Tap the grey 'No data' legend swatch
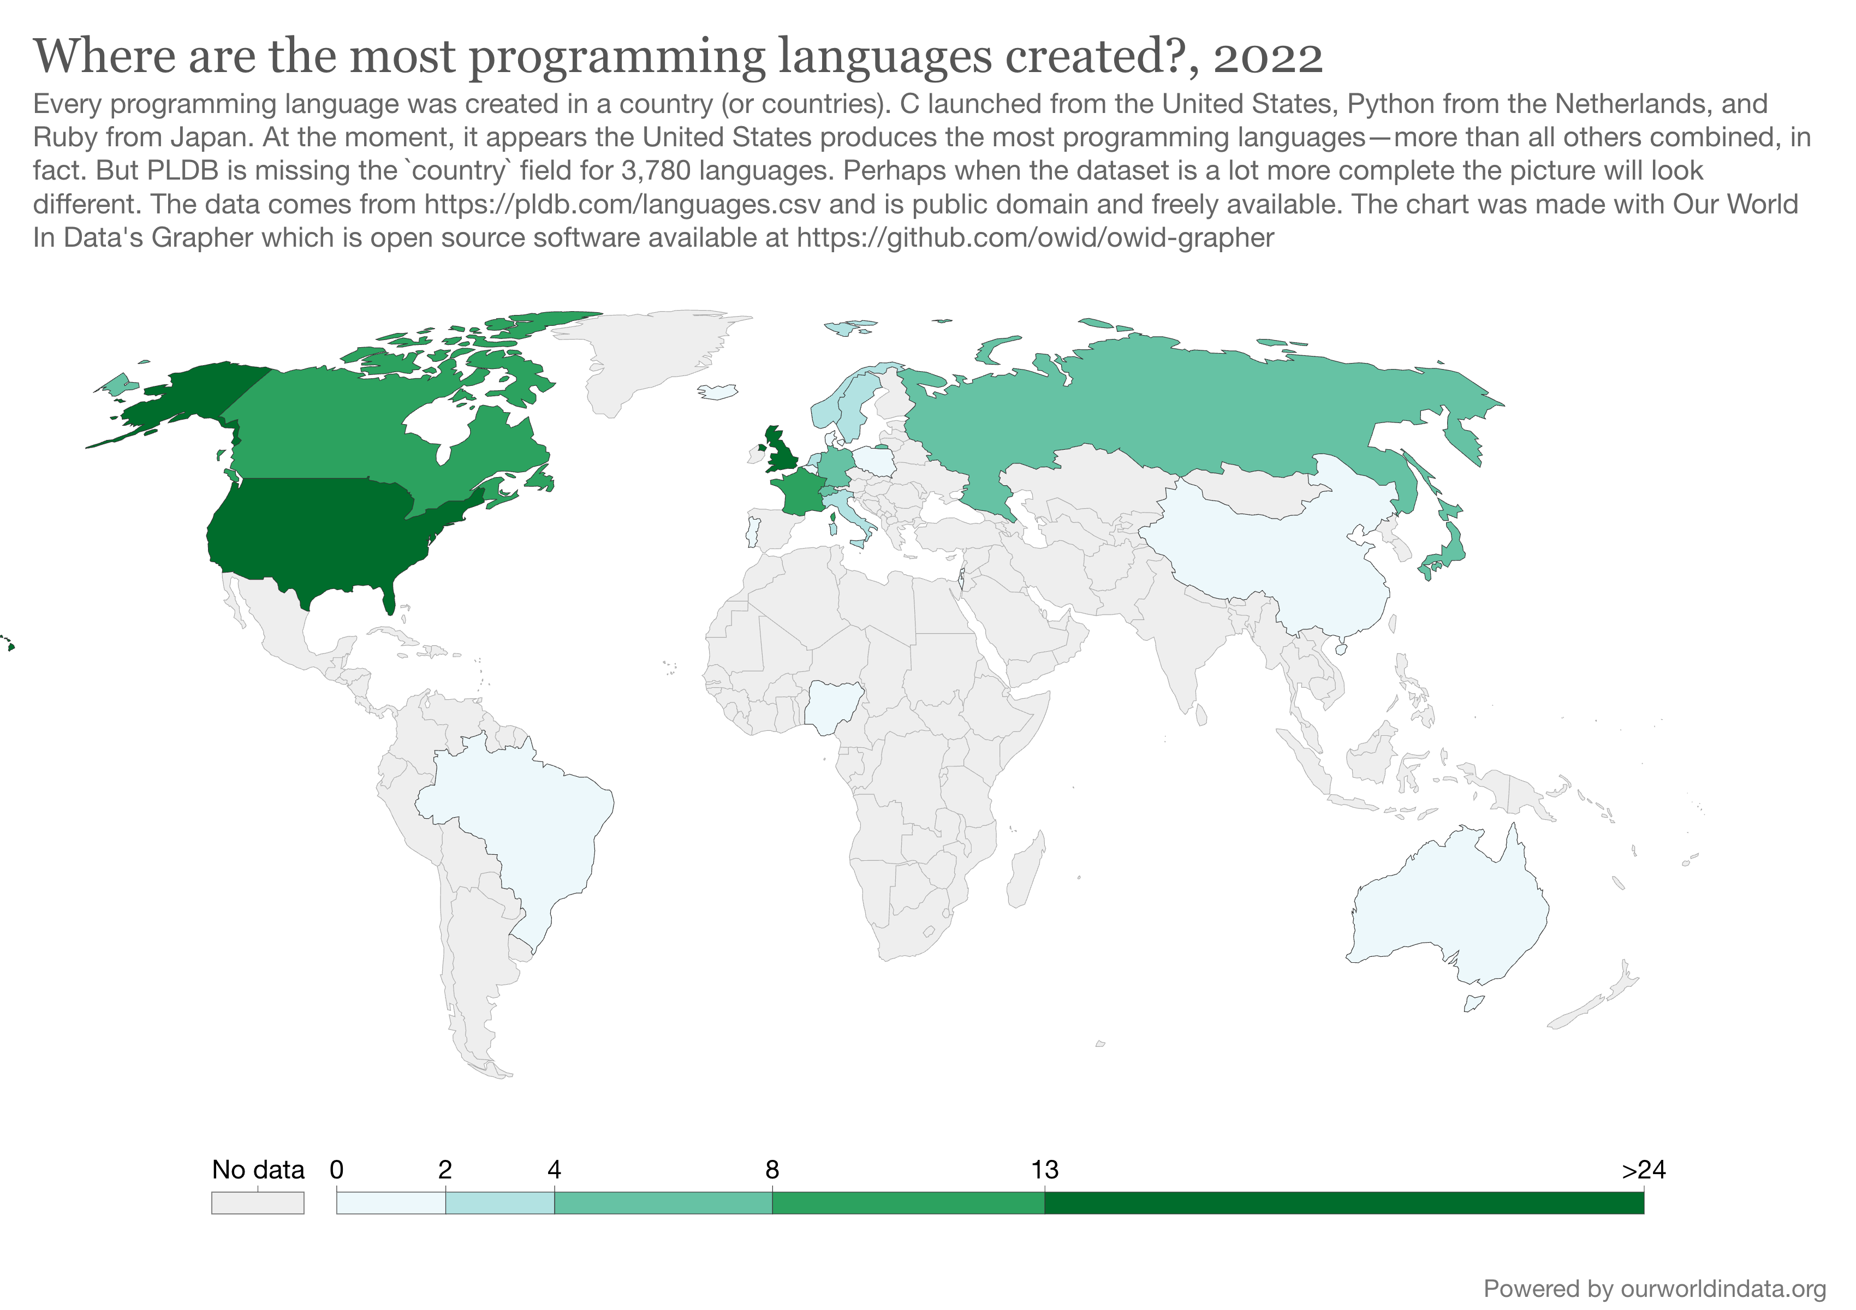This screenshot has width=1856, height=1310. coord(258,1202)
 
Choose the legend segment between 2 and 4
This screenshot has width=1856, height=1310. coord(499,1202)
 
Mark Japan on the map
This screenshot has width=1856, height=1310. coord(1447,550)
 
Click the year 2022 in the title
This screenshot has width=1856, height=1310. coord(1268,57)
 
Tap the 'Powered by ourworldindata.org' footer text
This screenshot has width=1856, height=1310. coord(1655,1288)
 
